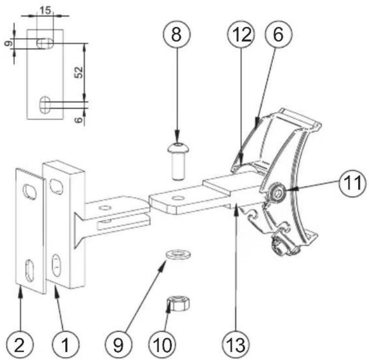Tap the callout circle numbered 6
pos(278,34)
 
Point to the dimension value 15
pos(45,10)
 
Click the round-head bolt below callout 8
pos(177,160)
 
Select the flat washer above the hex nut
pos(175,254)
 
